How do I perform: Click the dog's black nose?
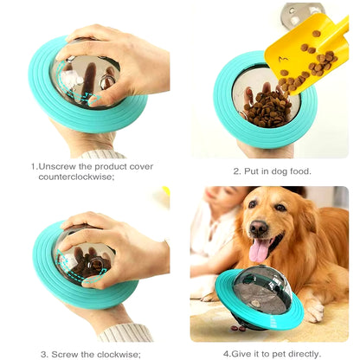[259, 227]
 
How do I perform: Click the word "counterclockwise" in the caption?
[76, 177]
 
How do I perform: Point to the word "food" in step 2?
[300, 171]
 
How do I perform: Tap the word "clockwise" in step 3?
[119, 354]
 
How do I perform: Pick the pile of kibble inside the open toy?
[267, 109]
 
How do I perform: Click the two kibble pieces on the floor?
[238, 328]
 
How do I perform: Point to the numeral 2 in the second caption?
[236, 171]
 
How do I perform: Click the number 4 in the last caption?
[226, 354]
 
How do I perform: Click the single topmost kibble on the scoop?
[316, 34]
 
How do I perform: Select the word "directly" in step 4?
[305, 354]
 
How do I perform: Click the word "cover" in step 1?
[141, 167]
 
